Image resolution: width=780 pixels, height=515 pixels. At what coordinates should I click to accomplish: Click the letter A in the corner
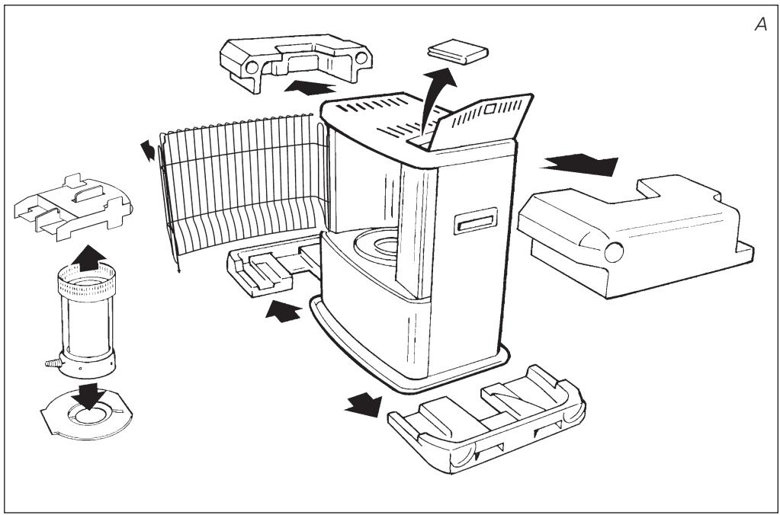click(761, 24)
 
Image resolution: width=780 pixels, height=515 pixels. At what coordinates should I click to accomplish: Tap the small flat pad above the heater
click(457, 51)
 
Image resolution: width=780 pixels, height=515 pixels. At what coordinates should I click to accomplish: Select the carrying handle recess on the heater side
click(476, 221)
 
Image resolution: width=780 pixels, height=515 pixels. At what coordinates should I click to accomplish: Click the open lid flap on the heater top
click(480, 121)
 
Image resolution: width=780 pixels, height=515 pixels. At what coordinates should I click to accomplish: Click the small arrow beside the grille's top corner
click(148, 150)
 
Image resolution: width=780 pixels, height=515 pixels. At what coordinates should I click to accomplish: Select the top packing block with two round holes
click(296, 61)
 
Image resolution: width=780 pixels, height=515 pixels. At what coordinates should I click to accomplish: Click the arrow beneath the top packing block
click(310, 88)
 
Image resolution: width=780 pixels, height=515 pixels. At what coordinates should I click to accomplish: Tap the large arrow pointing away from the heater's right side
click(580, 164)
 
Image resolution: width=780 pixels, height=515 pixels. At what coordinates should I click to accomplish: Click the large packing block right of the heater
click(635, 235)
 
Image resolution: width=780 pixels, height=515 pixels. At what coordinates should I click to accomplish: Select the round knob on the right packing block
click(613, 252)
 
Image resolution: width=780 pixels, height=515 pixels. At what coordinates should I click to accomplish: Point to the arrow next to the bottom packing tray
click(364, 404)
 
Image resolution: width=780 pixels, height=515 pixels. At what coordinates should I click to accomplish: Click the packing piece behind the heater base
click(273, 266)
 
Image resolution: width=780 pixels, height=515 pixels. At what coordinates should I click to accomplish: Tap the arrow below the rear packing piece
click(284, 311)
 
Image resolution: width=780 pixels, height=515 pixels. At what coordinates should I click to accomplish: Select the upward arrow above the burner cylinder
click(89, 258)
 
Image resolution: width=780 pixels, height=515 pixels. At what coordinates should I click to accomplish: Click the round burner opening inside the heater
click(377, 245)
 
